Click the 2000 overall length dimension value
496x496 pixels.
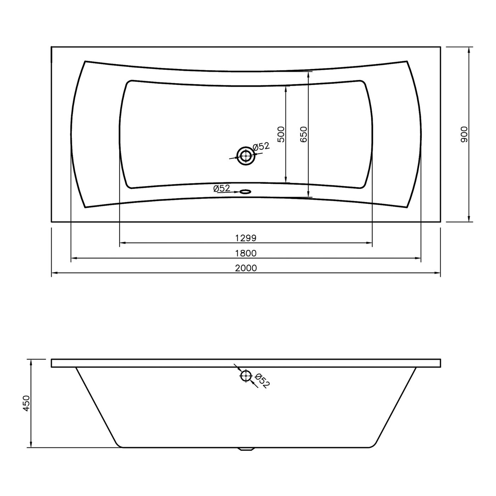(246, 268)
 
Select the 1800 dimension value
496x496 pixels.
(246, 253)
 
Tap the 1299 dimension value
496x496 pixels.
(246, 238)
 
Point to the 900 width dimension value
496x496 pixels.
(464, 134)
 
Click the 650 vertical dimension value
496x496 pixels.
(304, 134)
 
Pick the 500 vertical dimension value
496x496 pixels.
(281, 134)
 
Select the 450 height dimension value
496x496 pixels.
(27, 403)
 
